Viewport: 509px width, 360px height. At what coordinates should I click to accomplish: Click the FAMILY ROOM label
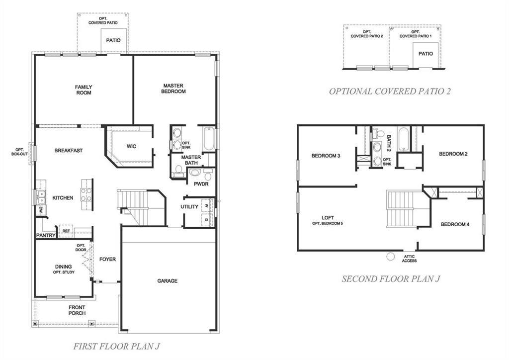point(84,90)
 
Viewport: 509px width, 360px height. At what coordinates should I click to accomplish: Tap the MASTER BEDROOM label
point(173,89)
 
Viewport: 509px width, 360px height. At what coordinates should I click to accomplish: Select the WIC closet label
point(131,146)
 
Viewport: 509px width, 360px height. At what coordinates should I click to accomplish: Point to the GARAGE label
point(167,281)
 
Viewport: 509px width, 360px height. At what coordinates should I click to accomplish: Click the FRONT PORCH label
point(77,310)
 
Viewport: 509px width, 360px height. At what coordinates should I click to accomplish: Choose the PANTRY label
point(46,235)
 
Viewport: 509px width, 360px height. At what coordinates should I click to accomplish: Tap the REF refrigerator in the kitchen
point(66,231)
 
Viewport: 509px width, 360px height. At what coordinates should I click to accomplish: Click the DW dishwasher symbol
point(41,210)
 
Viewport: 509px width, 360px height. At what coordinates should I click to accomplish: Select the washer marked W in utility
point(207,206)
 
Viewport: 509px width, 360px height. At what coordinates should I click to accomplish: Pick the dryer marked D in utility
point(207,220)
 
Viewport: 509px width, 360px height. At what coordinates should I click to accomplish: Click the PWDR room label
point(201,184)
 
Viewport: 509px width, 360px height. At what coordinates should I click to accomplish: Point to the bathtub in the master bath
point(208,139)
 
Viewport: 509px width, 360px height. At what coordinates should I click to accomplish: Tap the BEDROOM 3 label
point(326,156)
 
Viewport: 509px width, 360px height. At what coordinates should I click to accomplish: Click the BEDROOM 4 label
point(455,224)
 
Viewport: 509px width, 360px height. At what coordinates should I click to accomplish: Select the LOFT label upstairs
point(328,218)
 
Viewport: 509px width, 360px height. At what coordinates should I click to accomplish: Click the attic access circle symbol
point(391,257)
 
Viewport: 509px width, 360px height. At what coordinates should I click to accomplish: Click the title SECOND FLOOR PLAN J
point(391,279)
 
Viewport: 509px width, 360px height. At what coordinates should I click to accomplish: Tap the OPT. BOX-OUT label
point(19,152)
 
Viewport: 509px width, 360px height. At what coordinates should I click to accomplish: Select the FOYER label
point(107,260)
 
